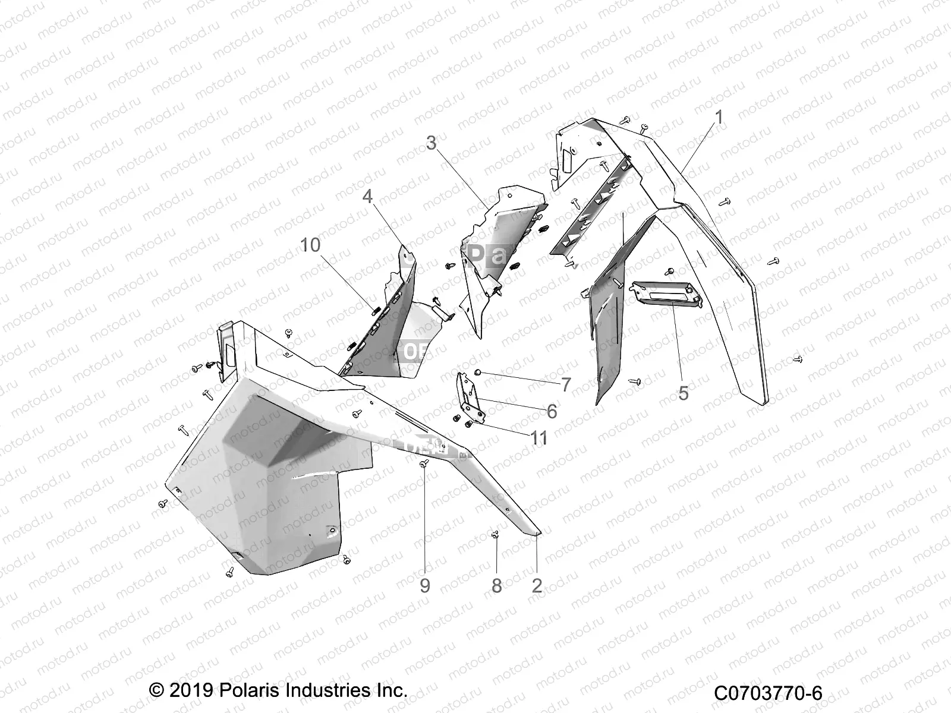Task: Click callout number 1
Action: coord(719,118)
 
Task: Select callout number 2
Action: coord(537,585)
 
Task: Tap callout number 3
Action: coord(448,143)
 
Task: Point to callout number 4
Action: coord(368,196)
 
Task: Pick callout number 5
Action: coord(684,393)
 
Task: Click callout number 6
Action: coord(552,411)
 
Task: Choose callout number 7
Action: coord(565,384)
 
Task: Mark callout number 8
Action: coord(497,585)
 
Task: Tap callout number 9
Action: coord(424,585)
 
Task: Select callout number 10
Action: coord(310,245)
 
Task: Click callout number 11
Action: coord(539,438)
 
